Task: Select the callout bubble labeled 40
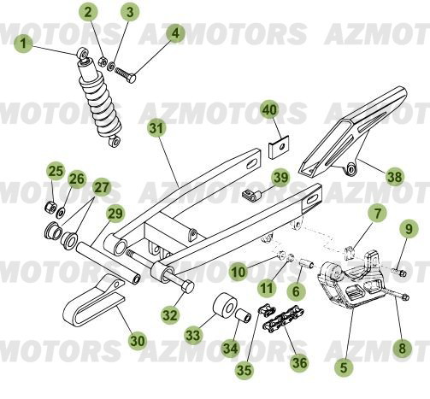[x=270, y=112]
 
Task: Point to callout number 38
[x=394, y=178]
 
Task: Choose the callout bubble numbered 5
[x=345, y=367]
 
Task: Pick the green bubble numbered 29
[x=115, y=214]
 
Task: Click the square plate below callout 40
[x=274, y=147]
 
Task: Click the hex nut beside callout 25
[x=52, y=208]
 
